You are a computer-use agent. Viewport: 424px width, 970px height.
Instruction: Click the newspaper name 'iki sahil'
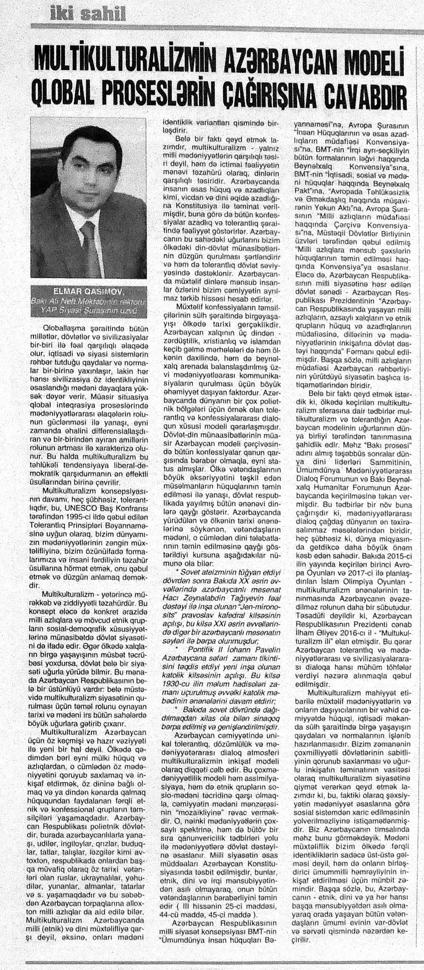pos(87,15)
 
